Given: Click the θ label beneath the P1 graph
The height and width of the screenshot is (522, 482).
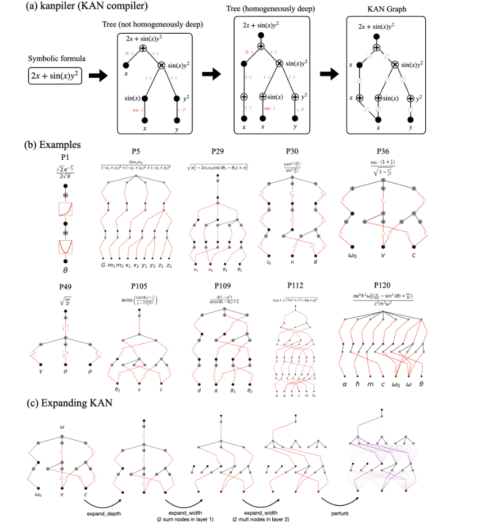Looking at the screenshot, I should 66,270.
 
